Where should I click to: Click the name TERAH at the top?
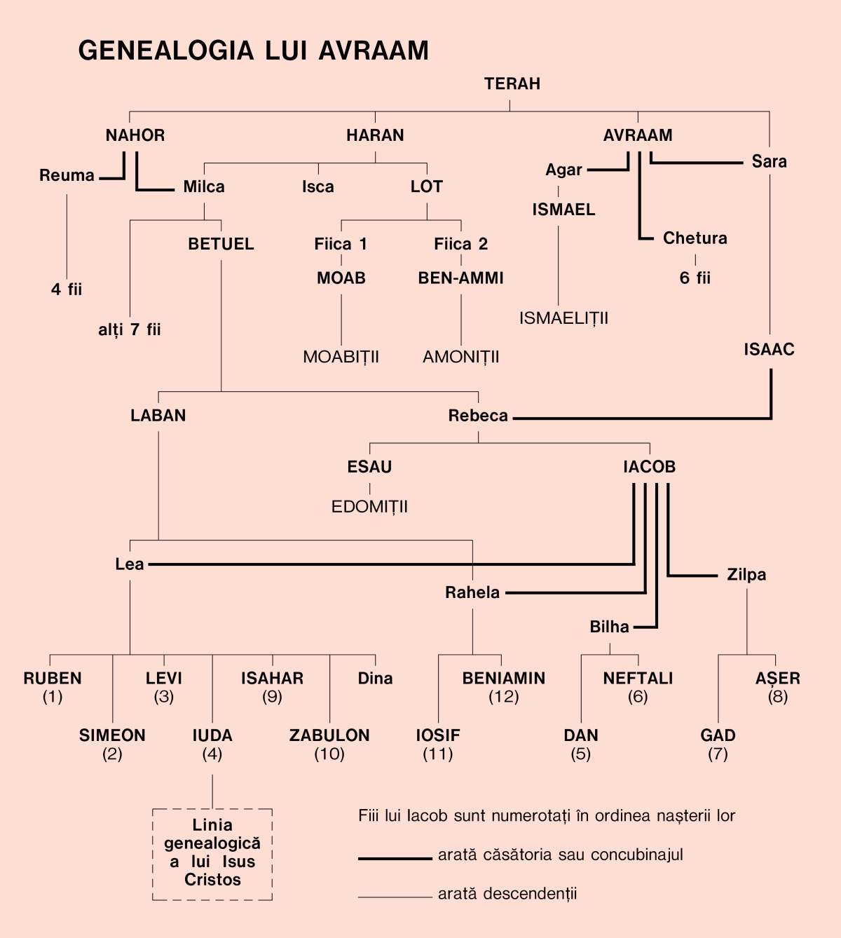(x=512, y=84)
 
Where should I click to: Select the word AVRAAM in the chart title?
(x=373, y=51)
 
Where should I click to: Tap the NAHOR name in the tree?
(x=135, y=135)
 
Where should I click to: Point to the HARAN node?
(x=375, y=135)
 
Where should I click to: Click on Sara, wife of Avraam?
(x=769, y=161)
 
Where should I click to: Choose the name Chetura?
(x=695, y=238)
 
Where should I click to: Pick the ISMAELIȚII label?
(x=563, y=318)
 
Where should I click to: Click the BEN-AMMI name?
(x=460, y=278)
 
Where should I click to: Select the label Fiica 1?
(x=341, y=244)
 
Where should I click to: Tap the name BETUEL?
(x=221, y=244)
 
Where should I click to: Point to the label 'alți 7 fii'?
(x=130, y=329)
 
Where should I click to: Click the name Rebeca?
(x=478, y=416)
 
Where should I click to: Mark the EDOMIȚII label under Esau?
(x=369, y=507)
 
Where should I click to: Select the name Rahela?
(x=472, y=593)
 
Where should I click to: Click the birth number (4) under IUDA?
(x=212, y=754)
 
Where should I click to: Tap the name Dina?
(x=375, y=679)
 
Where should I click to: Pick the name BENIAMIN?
(x=503, y=679)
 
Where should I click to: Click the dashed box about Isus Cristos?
(x=212, y=854)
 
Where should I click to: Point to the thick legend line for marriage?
(x=395, y=858)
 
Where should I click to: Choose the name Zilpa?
(x=746, y=575)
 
